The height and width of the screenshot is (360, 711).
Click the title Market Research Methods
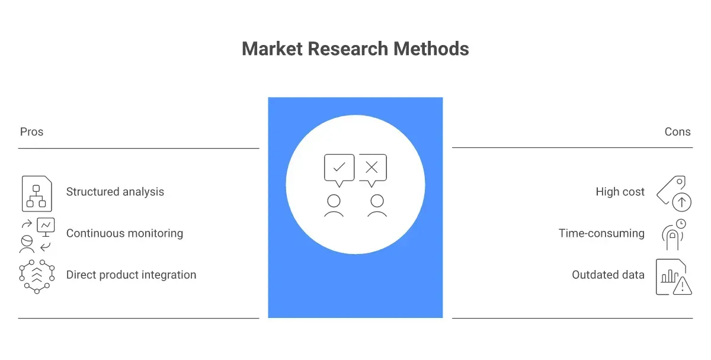355,49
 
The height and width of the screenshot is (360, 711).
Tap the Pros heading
31,131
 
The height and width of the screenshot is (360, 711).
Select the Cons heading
677,131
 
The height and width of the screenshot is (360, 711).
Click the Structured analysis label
115,192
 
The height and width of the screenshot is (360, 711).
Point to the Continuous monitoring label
124,233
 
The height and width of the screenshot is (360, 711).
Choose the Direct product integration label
131,275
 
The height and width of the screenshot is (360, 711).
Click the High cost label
620,192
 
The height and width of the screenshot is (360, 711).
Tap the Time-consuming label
601,233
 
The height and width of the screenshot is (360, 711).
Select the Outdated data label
608,275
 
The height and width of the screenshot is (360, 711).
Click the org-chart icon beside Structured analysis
37,194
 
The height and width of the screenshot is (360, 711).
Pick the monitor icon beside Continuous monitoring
46,227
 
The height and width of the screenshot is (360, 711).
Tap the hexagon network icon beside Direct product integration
37,277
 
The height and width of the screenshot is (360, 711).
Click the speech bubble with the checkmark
339,171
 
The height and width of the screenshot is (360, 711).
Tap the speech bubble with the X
373,171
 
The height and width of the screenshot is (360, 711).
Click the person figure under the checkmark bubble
334,206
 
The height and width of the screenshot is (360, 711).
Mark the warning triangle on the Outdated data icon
682,287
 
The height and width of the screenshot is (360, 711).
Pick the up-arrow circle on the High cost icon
681,202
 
